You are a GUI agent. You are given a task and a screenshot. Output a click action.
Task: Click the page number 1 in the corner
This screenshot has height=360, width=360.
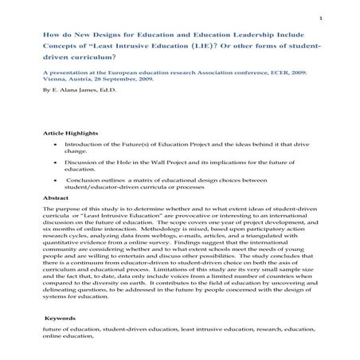342,19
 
